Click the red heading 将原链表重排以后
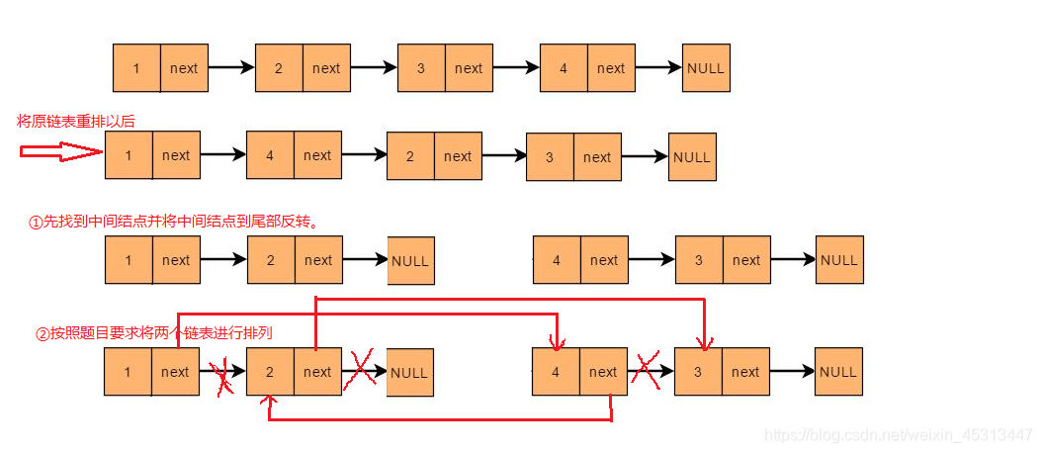coord(75,121)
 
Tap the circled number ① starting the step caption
coord(36,223)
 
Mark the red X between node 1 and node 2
coord(223,379)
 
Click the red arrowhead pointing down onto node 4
coord(557,342)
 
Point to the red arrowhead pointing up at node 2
coord(269,401)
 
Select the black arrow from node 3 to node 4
coord(516,67)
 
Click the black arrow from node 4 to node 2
coord(364,154)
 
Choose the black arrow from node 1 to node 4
coord(223,154)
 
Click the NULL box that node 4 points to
coord(706,68)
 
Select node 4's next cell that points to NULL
coord(611,68)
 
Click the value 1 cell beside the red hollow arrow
coord(129,155)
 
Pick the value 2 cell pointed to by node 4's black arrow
coord(410,156)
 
